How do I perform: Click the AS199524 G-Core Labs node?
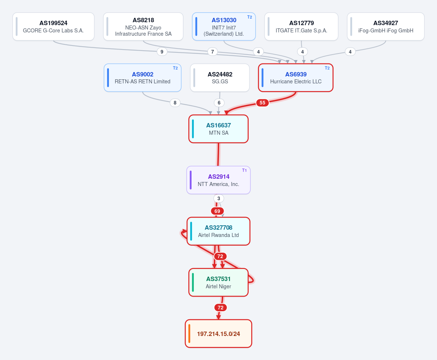pyautogui.click(x=54, y=27)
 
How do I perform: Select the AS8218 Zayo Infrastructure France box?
pyautogui.click(x=143, y=27)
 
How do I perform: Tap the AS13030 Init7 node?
pyautogui.click(x=224, y=27)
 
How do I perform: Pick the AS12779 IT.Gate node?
pyautogui.click(x=302, y=27)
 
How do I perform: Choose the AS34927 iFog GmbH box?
pyautogui.click(x=386, y=27)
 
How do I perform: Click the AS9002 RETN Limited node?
pyautogui.click(x=142, y=78)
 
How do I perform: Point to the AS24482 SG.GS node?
pyautogui.click(x=220, y=78)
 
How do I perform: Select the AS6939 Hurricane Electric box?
pyautogui.click(x=296, y=78)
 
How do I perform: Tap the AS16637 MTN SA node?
pyautogui.click(x=219, y=129)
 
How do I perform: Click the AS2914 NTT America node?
pyautogui.click(x=219, y=180)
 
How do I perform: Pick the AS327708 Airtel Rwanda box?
pyautogui.click(x=219, y=231)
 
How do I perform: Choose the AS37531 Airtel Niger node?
pyautogui.click(x=219, y=282)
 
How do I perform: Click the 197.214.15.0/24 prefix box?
pyautogui.click(x=219, y=334)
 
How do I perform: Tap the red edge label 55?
pyautogui.click(x=263, y=103)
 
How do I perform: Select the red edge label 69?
pyautogui.click(x=217, y=211)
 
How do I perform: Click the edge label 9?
pyautogui.click(x=162, y=52)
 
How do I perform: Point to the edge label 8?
pyautogui.click(x=175, y=103)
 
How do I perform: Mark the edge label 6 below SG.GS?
pyautogui.click(x=219, y=103)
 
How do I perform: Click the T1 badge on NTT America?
pyautogui.click(x=244, y=170)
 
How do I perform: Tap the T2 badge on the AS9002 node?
pyautogui.click(x=175, y=68)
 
